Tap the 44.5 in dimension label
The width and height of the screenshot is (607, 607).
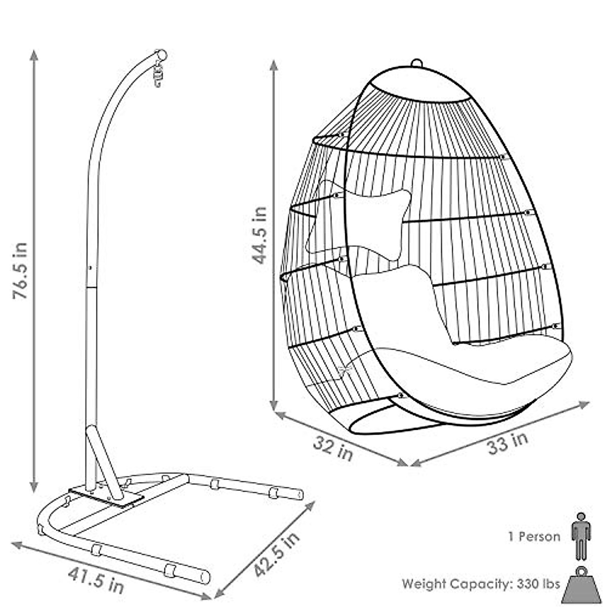pyautogui.click(x=261, y=235)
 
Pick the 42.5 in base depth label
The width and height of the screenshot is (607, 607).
pyautogui.click(x=276, y=554)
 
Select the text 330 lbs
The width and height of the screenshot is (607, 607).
pyautogui.click(x=539, y=584)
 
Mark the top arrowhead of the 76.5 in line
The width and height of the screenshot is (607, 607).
pyautogui.click(x=34, y=55)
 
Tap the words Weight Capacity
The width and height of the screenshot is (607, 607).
pyautogui.click(x=455, y=584)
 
